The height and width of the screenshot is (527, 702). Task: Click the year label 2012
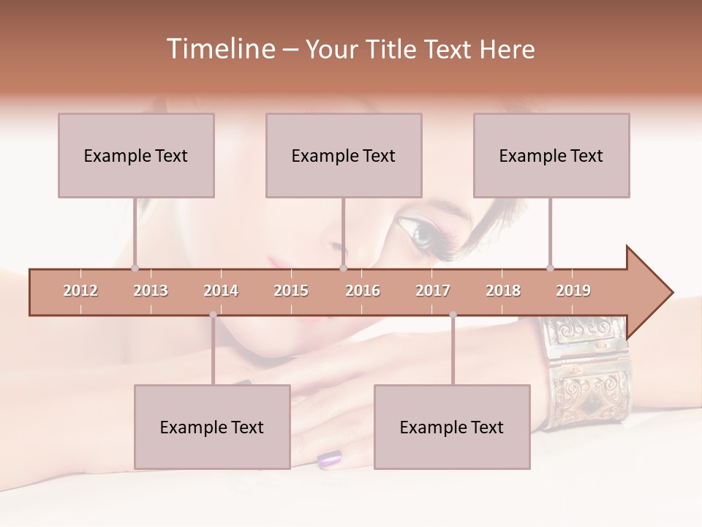80,291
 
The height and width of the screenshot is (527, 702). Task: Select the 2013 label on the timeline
151,291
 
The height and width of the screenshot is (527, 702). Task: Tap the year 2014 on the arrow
221,291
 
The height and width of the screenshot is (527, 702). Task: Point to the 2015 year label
291,291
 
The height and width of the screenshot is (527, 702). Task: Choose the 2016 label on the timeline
363,291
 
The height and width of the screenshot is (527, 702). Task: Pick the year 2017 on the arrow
433,291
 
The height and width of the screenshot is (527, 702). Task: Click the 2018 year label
503,291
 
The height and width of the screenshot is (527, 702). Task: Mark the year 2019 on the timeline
573,291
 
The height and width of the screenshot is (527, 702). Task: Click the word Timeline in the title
219,49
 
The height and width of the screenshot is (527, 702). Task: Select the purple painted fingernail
330,459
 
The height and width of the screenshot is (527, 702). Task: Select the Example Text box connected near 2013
136,155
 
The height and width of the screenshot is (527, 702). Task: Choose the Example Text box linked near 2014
212,427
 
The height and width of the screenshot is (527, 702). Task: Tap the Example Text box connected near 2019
551,155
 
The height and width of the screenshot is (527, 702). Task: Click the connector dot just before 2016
343,268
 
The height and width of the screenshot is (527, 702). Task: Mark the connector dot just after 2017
453,315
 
